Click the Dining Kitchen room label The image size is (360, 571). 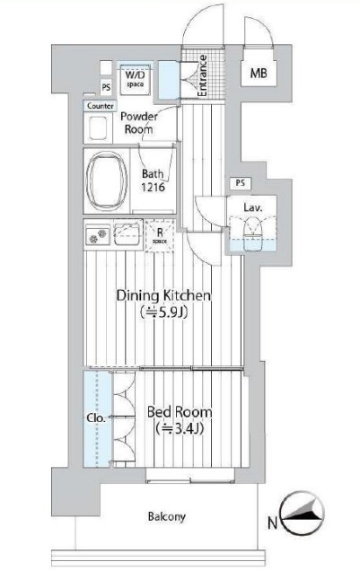pyautogui.click(x=163, y=295)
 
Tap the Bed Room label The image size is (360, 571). pyautogui.click(x=179, y=412)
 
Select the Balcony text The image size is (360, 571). pyautogui.click(x=167, y=516)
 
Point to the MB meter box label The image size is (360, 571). pyautogui.click(x=259, y=74)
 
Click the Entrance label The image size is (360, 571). pyautogui.click(x=202, y=75)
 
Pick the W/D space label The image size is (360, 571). pyautogui.click(x=135, y=79)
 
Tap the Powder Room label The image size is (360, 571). pyautogui.click(x=139, y=123)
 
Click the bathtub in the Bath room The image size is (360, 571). pyautogui.click(x=106, y=180)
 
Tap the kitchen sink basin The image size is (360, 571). pyautogui.click(x=128, y=233)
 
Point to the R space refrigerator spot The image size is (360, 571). pyautogui.click(x=160, y=235)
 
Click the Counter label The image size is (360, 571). pyautogui.click(x=101, y=106)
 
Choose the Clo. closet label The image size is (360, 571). pyautogui.click(x=96, y=418)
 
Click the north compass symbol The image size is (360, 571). pyautogui.click(x=302, y=514)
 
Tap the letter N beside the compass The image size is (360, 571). pyautogui.click(x=273, y=523)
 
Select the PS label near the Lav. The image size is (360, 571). pyautogui.click(x=241, y=183)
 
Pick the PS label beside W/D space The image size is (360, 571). pyautogui.click(x=106, y=88)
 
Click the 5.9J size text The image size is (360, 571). pyautogui.click(x=163, y=312)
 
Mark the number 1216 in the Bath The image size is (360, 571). pyautogui.click(x=153, y=187)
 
